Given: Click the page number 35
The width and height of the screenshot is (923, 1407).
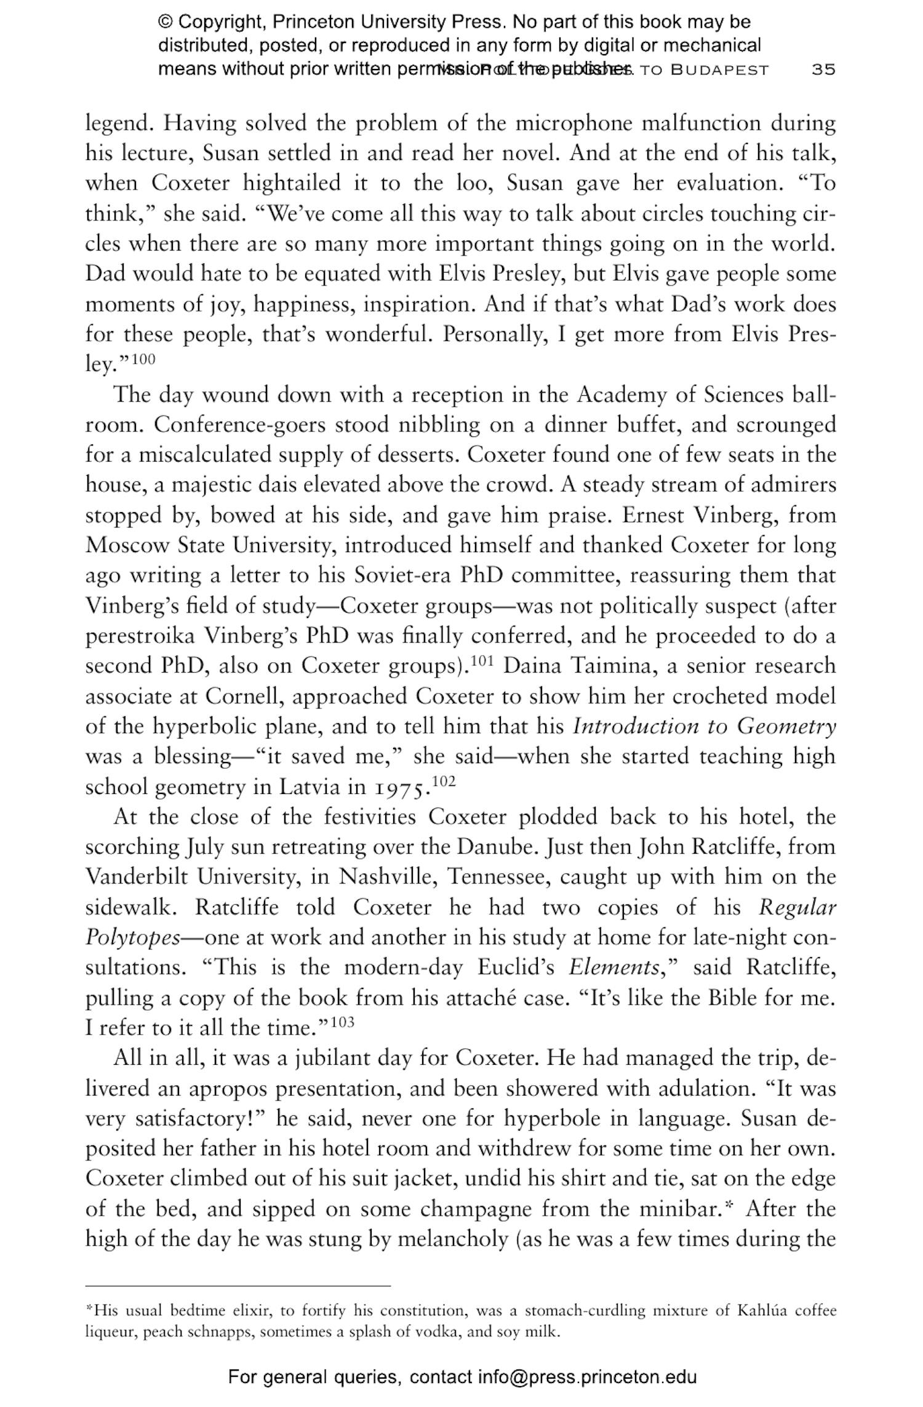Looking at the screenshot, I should [x=823, y=69].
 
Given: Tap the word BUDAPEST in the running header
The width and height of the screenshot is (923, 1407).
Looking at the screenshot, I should [x=719, y=70].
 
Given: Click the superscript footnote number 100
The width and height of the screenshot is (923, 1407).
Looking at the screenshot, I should [x=143, y=359].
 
